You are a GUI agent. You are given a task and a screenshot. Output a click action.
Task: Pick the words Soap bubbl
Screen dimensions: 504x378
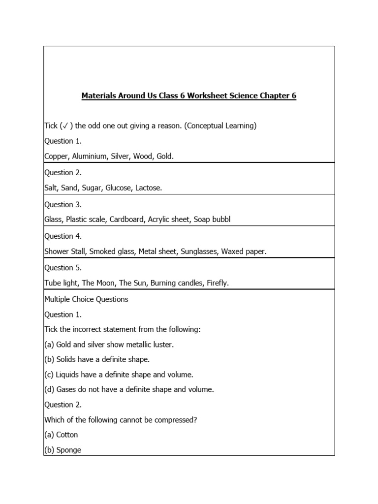pyautogui.click(x=212, y=220)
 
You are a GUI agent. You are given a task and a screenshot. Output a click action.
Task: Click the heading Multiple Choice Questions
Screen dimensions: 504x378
pyautogui.click(x=86, y=299)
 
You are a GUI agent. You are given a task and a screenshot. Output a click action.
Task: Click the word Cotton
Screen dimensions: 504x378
pyautogui.click(x=67, y=435)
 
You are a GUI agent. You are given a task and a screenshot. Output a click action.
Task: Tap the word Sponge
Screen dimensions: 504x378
pyautogui.click(x=69, y=450)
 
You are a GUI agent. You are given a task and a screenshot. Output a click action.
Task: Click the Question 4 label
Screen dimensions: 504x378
pyautogui.click(x=63, y=236)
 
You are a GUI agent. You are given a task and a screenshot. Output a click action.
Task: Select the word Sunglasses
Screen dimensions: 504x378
pyautogui.click(x=199, y=252)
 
